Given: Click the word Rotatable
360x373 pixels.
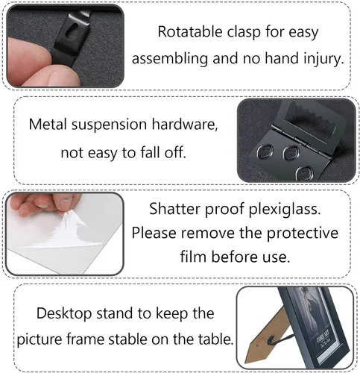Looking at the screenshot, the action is [x=190, y=32].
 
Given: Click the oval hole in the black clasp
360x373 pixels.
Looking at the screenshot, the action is [x=73, y=31].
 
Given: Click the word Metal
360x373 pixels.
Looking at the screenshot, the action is [x=48, y=124].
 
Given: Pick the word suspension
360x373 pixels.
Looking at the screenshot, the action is [x=109, y=125].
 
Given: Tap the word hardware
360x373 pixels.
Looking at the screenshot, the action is [x=185, y=124].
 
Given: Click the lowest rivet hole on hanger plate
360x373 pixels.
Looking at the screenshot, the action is [x=305, y=173].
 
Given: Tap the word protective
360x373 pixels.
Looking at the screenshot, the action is [x=303, y=233].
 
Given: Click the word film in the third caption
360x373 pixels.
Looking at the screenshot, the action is [x=193, y=257].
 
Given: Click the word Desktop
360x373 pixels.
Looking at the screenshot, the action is [x=64, y=314].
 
